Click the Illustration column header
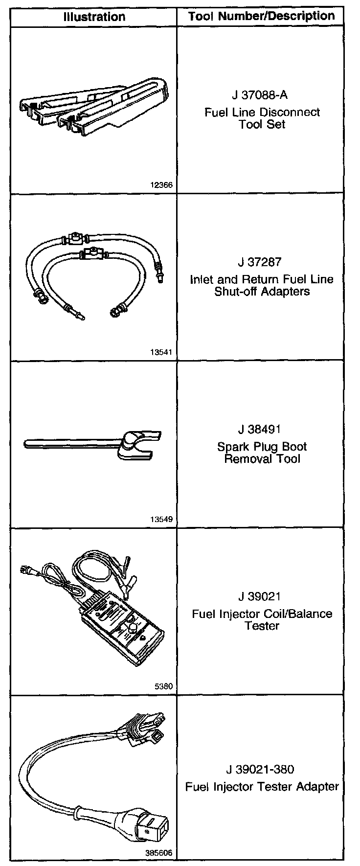[x=94, y=17]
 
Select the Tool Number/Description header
[x=262, y=16]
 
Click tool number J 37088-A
[x=262, y=95]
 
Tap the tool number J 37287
[x=262, y=262]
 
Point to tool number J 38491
[x=262, y=430]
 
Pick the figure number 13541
[x=162, y=352]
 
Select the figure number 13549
[x=162, y=520]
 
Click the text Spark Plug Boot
[x=262, y=447]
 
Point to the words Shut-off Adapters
[x=262, y=292]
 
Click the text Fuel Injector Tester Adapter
[x=262, y=787]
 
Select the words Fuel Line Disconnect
[x=262, y=112]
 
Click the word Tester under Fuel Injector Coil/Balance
[x=262, y=626]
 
